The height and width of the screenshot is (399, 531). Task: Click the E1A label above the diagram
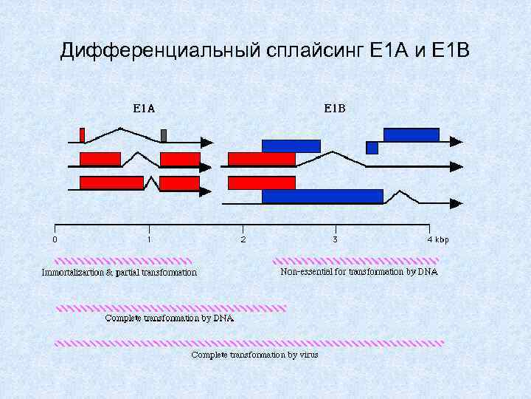(144, 108)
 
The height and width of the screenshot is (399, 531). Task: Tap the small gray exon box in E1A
(164, 135)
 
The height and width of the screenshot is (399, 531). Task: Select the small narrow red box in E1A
(82, 135)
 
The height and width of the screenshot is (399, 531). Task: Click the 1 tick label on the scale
(149, 239)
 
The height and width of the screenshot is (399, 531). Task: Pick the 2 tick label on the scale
(243, 239)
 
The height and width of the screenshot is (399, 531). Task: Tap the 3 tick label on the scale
(336, 239)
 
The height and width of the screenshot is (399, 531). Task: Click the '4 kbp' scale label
(437, 239)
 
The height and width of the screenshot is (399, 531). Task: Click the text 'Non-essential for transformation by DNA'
(359, 271)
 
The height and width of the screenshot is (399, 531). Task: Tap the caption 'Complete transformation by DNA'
(170, 318)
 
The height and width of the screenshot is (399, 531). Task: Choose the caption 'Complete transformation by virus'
(250, 355)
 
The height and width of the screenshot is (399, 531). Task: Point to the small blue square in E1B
(372, 148)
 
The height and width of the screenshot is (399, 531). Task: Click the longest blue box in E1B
(322, 196)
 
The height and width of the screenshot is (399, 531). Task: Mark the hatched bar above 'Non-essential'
(356, 261)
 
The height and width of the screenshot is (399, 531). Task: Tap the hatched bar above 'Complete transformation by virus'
(250, 344)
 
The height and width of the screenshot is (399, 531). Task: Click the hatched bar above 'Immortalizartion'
(123, 261)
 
